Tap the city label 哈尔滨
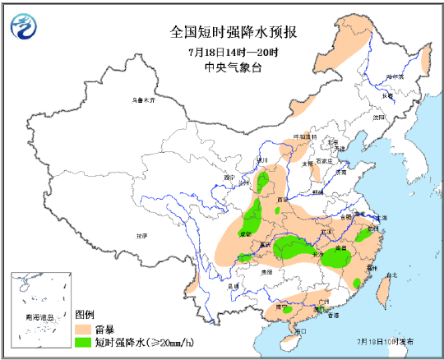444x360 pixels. click(395, 76)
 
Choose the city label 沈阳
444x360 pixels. click(377, 117)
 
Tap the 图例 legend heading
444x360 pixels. click(85, 316)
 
